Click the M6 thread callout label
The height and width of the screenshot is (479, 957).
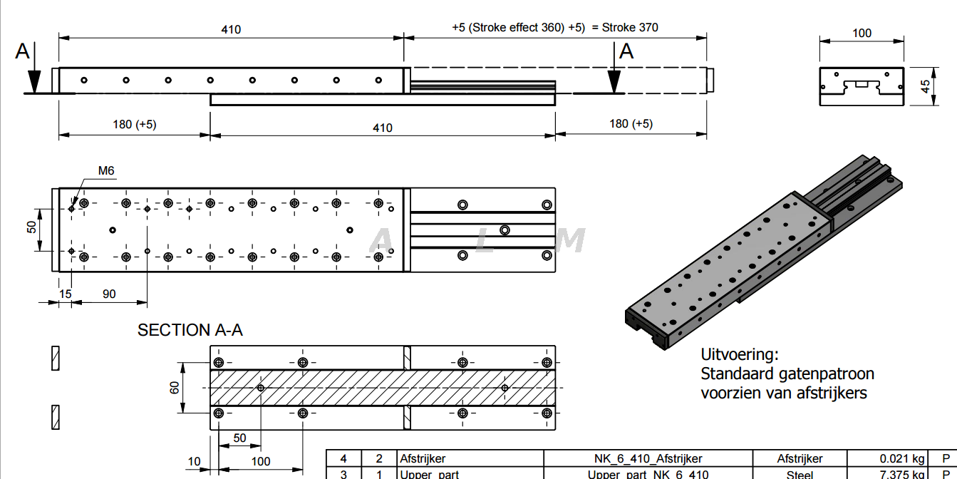tap(106, 171)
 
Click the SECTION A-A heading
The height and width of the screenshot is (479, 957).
tap(190, 330)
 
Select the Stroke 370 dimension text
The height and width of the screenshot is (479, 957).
tap(630, 28)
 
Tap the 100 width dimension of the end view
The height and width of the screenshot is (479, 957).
tap(862, 33)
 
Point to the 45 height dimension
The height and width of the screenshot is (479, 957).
tap(925, 86)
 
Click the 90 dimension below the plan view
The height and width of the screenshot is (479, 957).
tap(109, 294)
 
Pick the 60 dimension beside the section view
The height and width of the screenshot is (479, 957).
tap(175, 388)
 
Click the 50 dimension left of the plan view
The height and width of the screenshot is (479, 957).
tap(31, 227)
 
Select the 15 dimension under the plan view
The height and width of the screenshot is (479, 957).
tap(66, 294)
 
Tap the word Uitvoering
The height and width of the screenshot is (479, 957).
tap(740, 354)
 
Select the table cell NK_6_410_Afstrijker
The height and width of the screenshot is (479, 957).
tap(648, 458)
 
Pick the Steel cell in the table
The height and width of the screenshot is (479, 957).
tap(800, 474)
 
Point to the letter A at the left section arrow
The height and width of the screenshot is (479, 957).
tap(24, 51)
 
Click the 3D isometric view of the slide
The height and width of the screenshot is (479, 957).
tap(762, 257)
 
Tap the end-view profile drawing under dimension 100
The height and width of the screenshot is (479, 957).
tap(862, 87)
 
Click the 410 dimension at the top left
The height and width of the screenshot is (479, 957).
tap(231, 29)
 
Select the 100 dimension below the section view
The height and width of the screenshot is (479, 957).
tap(261, 461)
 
